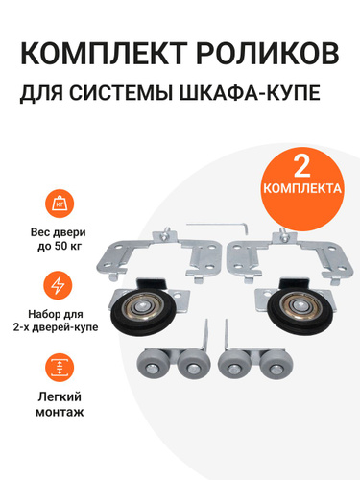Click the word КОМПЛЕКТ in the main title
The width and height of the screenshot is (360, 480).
click(x=103, y=54)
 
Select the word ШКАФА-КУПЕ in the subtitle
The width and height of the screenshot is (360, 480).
click(x=250, y=92)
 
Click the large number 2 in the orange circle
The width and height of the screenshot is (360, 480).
click(x=301, y=166)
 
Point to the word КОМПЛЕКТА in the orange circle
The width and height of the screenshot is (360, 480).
click(x=302, y=188)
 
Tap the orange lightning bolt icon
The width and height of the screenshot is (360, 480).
click(x=60, y=286)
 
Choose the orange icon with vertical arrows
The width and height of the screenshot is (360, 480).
click(x=60, y=368)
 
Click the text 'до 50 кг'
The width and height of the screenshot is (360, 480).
click(x=60, y=247)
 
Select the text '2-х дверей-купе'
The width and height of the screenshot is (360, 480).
click(x=56, y=328)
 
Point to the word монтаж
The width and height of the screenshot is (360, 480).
click(x=60, y=412)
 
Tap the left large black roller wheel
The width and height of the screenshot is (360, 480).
click(x=141, y=311)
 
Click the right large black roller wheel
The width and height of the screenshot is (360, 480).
click(x=300, y=309)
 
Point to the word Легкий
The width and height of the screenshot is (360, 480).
click(x=60, y=396)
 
